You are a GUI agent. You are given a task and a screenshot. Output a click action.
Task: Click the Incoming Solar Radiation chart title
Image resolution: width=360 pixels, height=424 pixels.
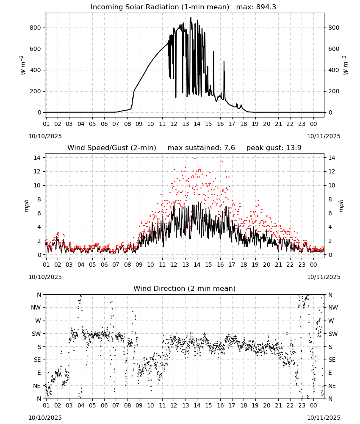[x=160, y=7]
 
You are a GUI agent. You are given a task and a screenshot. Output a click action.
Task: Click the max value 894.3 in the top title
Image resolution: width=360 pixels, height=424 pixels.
[x=266, y=7]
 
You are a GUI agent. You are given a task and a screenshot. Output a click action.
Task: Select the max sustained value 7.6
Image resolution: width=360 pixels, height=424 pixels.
[x=229, y=148]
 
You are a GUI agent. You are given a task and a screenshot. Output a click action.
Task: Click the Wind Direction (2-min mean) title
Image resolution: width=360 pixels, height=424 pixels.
[x=185, y=288]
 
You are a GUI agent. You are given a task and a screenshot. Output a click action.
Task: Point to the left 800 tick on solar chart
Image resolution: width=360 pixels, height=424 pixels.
[x=36, y=28]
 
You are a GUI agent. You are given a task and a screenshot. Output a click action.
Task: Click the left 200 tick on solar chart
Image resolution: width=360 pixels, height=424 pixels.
[x=36, y=91]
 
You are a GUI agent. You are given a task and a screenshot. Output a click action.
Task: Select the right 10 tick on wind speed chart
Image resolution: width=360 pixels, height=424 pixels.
[x=332, y=186]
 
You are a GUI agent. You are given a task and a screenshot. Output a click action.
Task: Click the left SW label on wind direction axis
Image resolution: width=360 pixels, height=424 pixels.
[x=36, y=334]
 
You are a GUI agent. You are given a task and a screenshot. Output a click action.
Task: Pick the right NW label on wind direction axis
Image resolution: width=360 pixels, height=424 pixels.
[x=333, y=307]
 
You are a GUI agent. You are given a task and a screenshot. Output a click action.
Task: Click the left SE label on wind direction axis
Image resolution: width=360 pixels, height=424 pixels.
[x=37, y=360]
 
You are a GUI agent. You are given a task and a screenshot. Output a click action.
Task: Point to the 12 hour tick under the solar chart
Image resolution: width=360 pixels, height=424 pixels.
[x=174, y=124]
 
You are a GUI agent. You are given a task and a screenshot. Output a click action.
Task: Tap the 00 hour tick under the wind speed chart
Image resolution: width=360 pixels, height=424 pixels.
[x=313, y=265]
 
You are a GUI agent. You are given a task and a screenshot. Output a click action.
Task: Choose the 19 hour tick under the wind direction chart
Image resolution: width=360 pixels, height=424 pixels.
[x=255, y=405]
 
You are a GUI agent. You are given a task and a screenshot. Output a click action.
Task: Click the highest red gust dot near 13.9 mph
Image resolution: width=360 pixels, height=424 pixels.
[x=195, y=159]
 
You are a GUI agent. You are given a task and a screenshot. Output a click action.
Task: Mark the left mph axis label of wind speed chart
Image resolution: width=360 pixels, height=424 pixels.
[x=26, y=206]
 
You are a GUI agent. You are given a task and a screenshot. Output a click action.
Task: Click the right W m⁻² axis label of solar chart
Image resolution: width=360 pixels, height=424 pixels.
[x=346, y=65]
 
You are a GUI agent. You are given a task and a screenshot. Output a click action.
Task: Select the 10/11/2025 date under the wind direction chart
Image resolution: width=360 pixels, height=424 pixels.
[x=324, y=418]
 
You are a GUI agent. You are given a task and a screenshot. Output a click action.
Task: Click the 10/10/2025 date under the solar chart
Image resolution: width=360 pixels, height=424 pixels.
[x=45, y=136]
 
